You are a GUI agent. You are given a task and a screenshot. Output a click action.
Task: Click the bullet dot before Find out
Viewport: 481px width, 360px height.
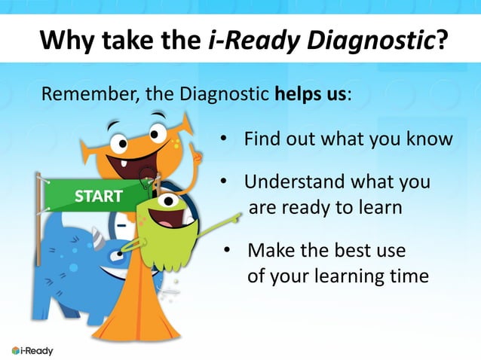(224, 140)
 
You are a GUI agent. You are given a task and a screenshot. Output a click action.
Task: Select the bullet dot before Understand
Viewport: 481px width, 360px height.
(224, 182)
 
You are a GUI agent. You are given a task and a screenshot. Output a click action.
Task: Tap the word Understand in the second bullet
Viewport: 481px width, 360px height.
(289, 182)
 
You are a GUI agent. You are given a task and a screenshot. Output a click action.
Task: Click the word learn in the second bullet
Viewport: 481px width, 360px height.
(381, 207)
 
